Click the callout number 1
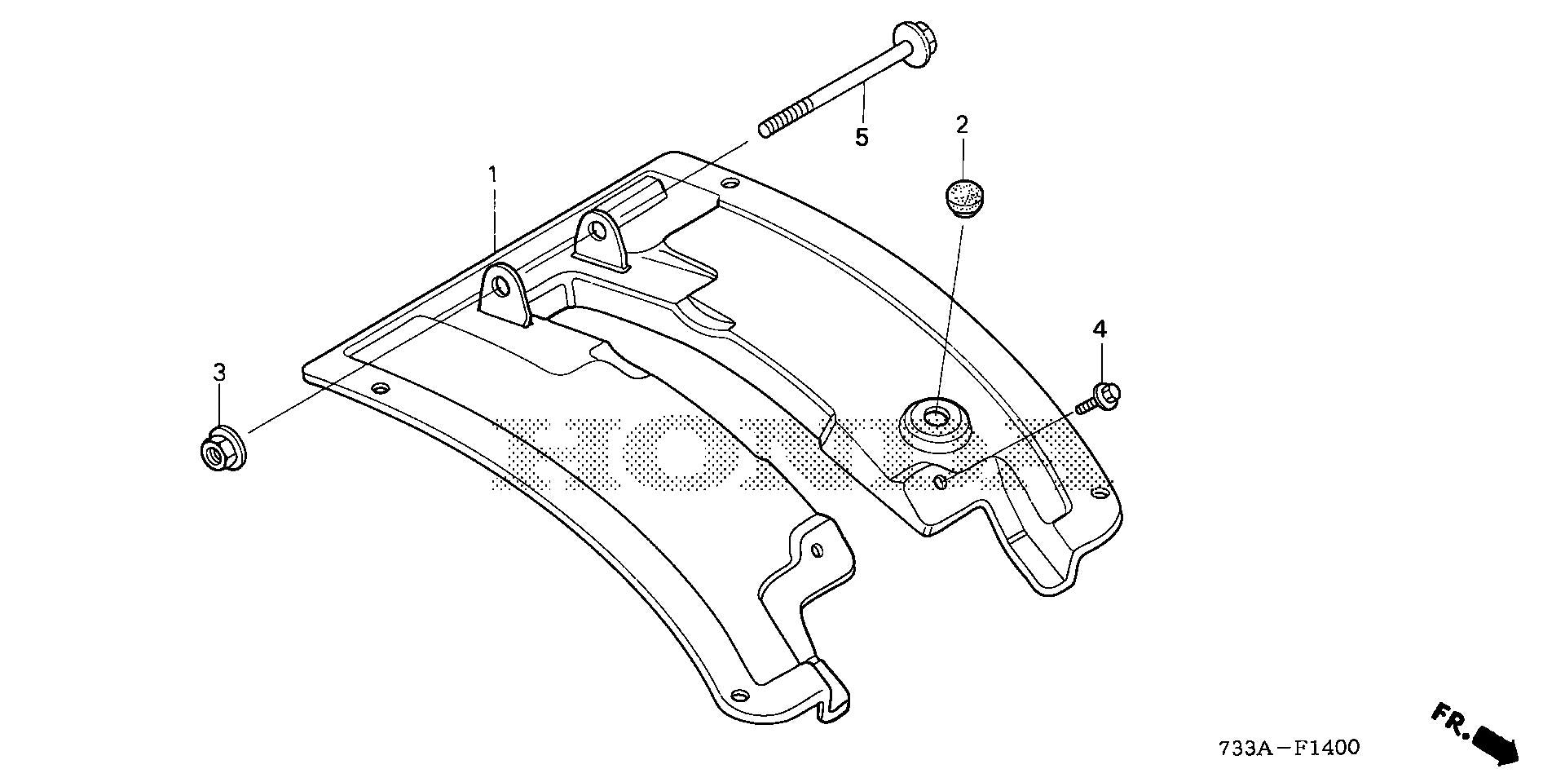492,174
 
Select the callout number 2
962,125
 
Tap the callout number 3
219,373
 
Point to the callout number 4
1100,329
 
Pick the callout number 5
862,137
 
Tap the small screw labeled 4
1098,397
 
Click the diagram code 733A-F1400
1289,747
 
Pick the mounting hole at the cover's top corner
730,183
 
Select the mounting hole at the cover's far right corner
1100,493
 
